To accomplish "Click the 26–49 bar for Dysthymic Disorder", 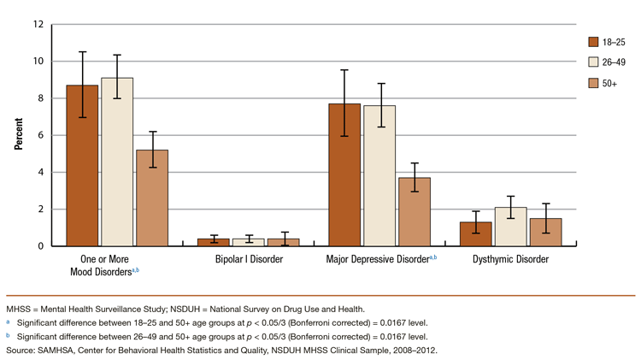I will [510, 227].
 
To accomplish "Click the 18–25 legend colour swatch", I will [595, 40].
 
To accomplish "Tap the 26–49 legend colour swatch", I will [595, 62].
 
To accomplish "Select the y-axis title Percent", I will [19, 135].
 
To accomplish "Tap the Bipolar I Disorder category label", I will [248, 259].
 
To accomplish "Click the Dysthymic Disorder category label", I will [510, 259].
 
